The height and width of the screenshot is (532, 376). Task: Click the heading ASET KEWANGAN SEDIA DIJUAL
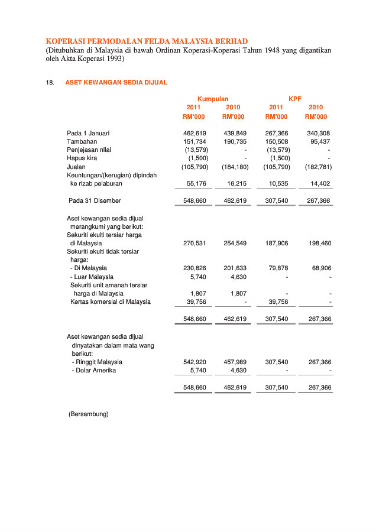point(116,82)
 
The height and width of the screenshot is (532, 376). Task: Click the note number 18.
point(50,82)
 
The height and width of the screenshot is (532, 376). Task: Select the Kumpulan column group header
point(213,99)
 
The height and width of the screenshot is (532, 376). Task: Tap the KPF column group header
point(295,99)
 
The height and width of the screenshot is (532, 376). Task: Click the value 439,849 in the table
point(235,134)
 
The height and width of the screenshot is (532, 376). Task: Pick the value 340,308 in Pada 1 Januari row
point(318,134)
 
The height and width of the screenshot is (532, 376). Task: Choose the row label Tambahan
point(82,142)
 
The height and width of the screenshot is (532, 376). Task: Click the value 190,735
point(235,142)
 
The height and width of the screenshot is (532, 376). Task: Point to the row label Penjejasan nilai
point(89,150)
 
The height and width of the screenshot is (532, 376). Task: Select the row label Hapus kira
point(82,158)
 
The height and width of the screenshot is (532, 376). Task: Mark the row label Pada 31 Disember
point(95,201)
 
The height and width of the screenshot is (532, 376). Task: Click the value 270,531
point(195,243)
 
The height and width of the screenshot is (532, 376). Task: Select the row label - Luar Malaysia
point(92,277)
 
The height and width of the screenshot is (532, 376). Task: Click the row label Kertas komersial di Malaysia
point(110,301)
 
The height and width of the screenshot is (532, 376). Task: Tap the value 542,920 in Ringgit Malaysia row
point(195,362)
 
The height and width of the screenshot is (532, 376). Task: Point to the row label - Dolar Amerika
point(93,370)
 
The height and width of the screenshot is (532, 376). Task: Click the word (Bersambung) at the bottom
point(89,414)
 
